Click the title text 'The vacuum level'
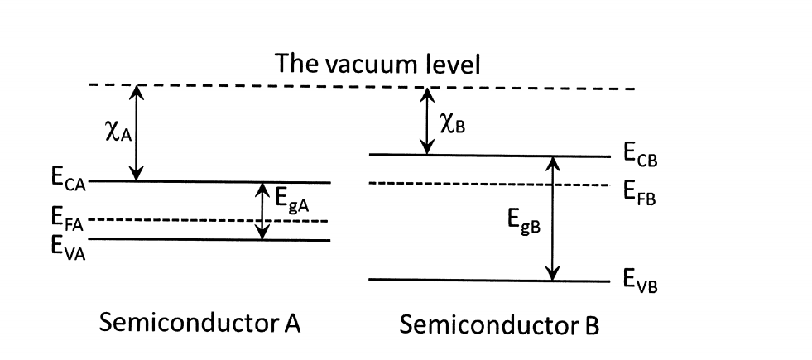(377, 64)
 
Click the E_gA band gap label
(292, 201)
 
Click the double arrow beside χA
(138, 133)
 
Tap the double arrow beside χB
(426, 122)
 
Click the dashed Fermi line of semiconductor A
(207, 221)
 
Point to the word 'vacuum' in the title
(377, 64)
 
